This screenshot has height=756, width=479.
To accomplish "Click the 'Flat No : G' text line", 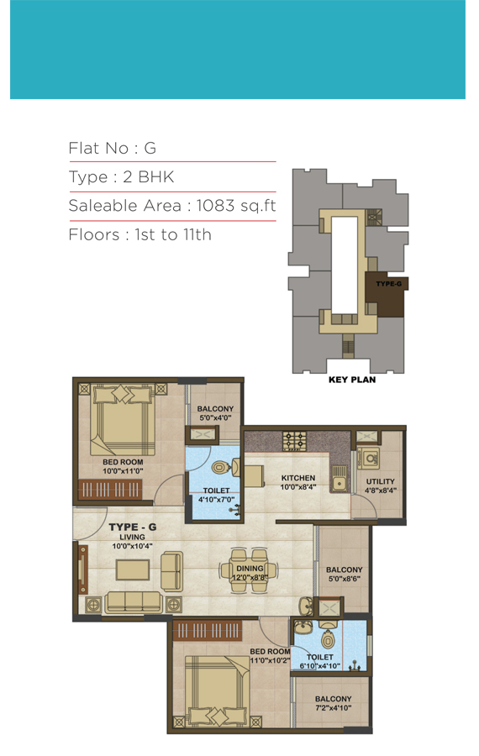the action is [113, 148].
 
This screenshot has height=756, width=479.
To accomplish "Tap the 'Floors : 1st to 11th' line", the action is [139, 235].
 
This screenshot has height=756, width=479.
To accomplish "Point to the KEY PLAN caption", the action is [352, 380].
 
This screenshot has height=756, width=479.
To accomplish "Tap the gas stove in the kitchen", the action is [294, 441].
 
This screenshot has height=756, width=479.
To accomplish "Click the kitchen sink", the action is [340, 478].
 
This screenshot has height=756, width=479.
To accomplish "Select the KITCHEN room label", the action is [298, 478].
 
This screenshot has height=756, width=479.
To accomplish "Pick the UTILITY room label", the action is [380, 481].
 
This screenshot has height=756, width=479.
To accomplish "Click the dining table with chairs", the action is [249, 570].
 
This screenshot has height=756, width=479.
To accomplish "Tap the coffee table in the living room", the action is [133, 570].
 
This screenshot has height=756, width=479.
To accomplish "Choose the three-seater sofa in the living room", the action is [134, 602].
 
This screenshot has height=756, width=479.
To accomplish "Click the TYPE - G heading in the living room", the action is [133, 527].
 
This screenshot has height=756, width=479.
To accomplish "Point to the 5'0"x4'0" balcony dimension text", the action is [216, 418].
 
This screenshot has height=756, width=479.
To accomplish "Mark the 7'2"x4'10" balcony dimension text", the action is [334, 708].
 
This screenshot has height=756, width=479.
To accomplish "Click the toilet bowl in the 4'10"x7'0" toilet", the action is [220, 467].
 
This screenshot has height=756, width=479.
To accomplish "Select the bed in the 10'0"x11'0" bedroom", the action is [123, 419].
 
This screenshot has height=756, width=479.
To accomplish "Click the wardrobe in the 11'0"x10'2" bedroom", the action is [207, 630].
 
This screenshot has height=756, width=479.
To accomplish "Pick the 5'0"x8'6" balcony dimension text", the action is [345, 579].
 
